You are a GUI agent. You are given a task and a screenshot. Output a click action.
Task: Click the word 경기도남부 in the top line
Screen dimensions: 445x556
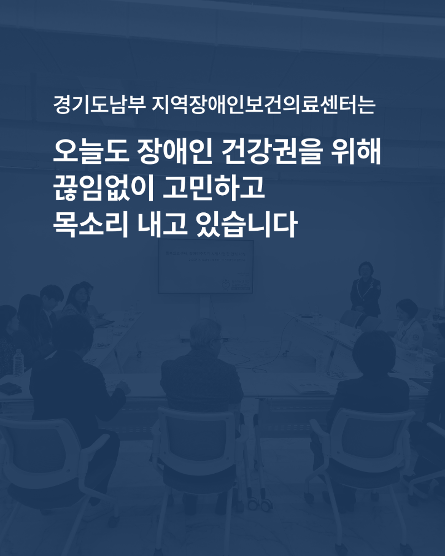(100, 105)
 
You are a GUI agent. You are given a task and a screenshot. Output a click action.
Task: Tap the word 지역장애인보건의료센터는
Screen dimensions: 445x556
(263, 105)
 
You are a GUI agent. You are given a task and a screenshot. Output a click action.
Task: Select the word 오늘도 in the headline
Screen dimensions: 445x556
(91, 151)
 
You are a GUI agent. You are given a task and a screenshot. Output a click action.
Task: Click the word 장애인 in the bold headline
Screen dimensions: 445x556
(174, 151)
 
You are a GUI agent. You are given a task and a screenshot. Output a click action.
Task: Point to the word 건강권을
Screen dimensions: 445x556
(272, 151)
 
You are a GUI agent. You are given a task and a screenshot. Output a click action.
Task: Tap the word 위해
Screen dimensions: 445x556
(356, 151)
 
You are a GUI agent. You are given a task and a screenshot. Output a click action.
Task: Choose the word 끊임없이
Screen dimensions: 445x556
(103, 188)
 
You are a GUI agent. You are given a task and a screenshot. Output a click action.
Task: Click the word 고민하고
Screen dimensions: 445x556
(214, 188)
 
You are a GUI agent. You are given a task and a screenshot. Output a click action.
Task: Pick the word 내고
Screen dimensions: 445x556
(162, 224)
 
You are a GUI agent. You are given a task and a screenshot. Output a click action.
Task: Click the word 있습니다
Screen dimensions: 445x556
(246, 224)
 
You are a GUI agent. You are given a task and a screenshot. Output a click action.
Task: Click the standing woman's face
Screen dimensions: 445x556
(365, 270)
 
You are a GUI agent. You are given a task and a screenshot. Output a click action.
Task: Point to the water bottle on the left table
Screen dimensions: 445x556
(18, 363)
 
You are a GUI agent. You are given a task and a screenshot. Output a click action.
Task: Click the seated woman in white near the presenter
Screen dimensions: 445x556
(408, 325)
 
